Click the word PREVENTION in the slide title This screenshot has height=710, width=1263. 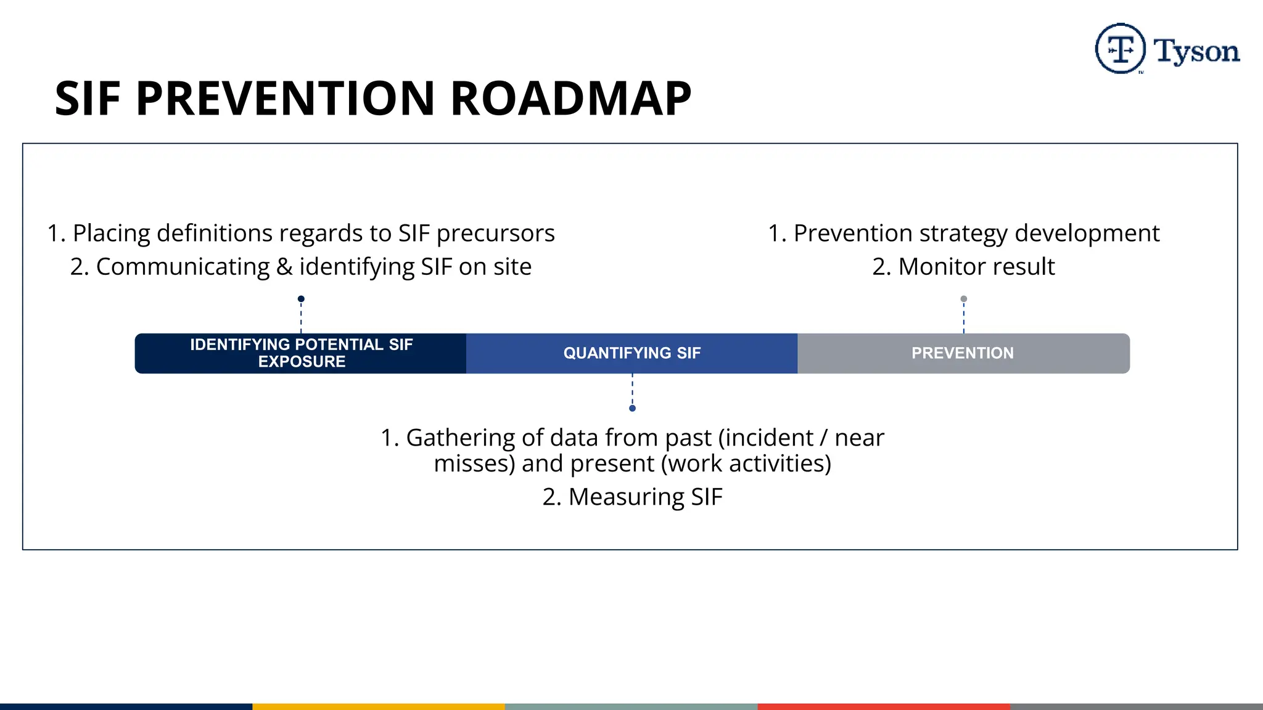click(x=286, y=99)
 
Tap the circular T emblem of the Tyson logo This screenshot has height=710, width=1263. click(x=1120, y=49)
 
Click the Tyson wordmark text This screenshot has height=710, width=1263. click(x=1196, y=51)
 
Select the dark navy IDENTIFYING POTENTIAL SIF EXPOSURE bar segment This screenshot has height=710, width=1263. click(x=301, y=353)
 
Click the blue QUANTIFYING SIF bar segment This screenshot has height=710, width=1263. click(x=631, y=353)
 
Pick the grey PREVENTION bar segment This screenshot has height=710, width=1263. click(x=963, y=353)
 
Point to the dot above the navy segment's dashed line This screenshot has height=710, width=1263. click(x=301, y=299)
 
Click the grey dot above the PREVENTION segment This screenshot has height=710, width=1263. click(x=964, y=299)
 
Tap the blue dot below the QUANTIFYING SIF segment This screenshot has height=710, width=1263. click(x=632, y=408)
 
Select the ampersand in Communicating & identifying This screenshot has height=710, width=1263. click(x=284, y=267)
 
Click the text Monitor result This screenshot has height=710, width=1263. click(x=976, y=267)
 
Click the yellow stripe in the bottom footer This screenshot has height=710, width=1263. click(x=379, y=706)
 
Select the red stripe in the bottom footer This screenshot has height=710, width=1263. click(x=884, y=706)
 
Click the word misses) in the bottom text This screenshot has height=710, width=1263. click(x=474, y=463)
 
